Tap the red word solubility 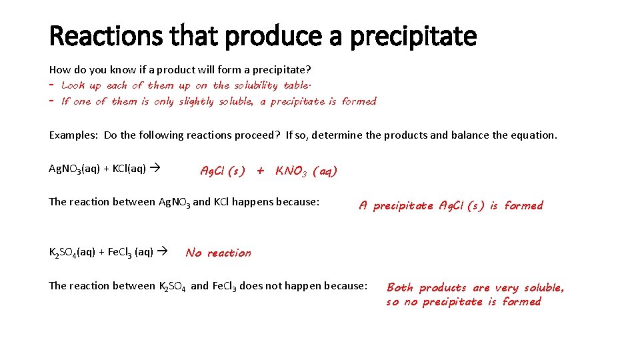coord(255,85)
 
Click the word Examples coord(73,135)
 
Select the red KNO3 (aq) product coord(307,171)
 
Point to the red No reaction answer coord(219,253)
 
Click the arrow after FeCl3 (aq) coord(161,252)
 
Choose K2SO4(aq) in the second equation coord(74,253)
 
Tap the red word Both coord(400,288)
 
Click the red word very coord(507,288)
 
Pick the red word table coord(297,85)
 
